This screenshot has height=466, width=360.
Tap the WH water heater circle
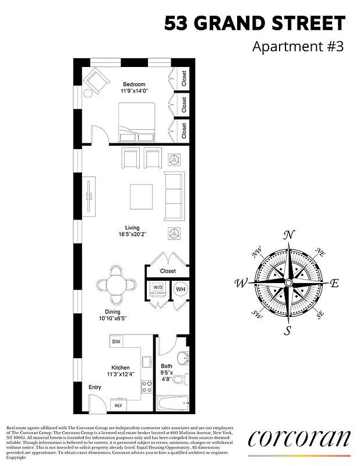[180, 290]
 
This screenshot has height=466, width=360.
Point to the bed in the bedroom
[137, 122]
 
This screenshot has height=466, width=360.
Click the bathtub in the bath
[173, 403]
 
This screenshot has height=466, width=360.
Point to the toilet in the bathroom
[180, 379]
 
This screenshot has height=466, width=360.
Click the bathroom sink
[182, 358]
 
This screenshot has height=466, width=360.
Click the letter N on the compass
[288, 235]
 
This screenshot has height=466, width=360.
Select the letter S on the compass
[287, 331]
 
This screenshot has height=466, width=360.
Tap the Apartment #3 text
[298, 47]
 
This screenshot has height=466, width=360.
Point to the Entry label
[94, 387]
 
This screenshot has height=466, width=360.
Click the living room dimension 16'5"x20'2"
[132, 235]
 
